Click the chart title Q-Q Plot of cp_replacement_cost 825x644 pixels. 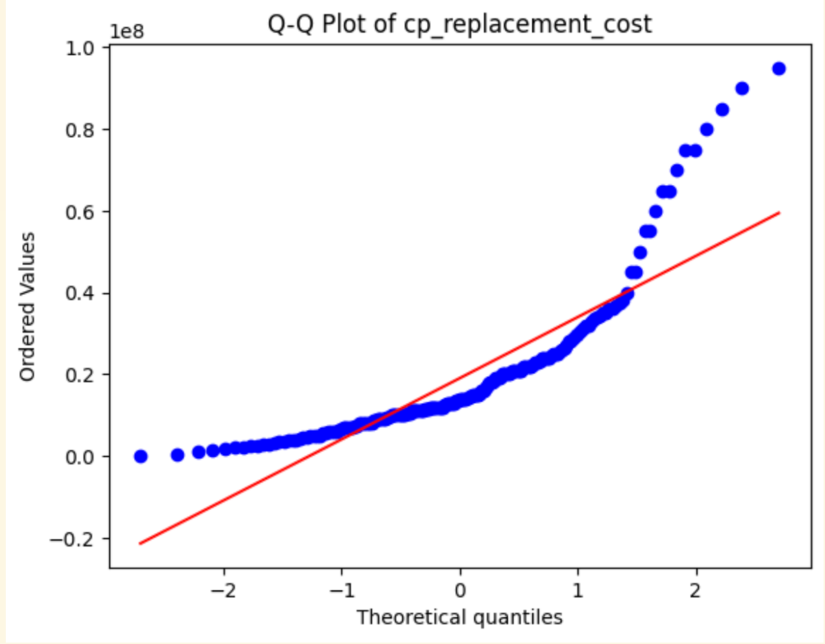pyautogui.click(x=459, y=24)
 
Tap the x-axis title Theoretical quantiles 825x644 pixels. pyautogui.click(x=459, y=617)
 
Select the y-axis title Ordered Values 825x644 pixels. pyautogui.click(x=28, y=306)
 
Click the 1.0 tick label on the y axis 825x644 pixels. pyautogui.click(x=86, y=48)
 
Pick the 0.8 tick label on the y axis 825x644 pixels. pyautogui.click(x=86, y=129)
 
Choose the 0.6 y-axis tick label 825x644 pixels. pyautogui.click(x=86, y=212)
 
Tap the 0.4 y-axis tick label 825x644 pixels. pyautogui.click(x=86, y=293)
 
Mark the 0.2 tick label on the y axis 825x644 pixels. pyautogui.click(x=86, y=375)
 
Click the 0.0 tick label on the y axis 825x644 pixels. pyautogui.click(x=86, y=456)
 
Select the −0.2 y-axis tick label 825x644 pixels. pyautogui.click(x=80, y=539)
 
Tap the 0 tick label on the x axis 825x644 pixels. pyautogui.click(x=460, y=587)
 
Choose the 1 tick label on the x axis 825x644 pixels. pyautogui.click(x=578, y=587)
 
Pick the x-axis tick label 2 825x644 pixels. pyautogui.click(x=696, y=587)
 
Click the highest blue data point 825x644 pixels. pyautogui.click(x=778, y=68)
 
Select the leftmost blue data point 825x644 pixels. pyautogui.click(x=141, y=456)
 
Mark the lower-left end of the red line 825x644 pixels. pyautogui.click(x=140, y=543)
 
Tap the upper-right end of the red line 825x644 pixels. pyautogui.click(x=779, y=213)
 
